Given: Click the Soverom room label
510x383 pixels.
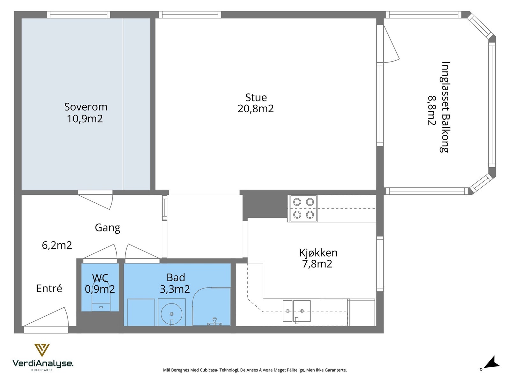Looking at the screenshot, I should tap(85, 107).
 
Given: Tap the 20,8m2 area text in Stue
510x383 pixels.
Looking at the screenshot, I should tap(255, 109).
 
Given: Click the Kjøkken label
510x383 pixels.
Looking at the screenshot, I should tap(318, 253).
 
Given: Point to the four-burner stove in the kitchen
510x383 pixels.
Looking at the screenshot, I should tap(303, 208).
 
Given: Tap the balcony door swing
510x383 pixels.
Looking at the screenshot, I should tap(390, 46).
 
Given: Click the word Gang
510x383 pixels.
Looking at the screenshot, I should tap(107, 228).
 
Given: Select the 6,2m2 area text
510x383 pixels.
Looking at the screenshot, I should tap(57, 245).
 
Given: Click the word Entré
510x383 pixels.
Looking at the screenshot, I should tap(49, 289).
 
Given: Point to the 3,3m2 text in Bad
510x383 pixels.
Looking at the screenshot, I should tap(175, 289).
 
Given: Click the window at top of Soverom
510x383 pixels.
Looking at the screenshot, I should tap(78, 15).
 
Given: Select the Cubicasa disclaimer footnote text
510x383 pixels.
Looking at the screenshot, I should tap(255, 370).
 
